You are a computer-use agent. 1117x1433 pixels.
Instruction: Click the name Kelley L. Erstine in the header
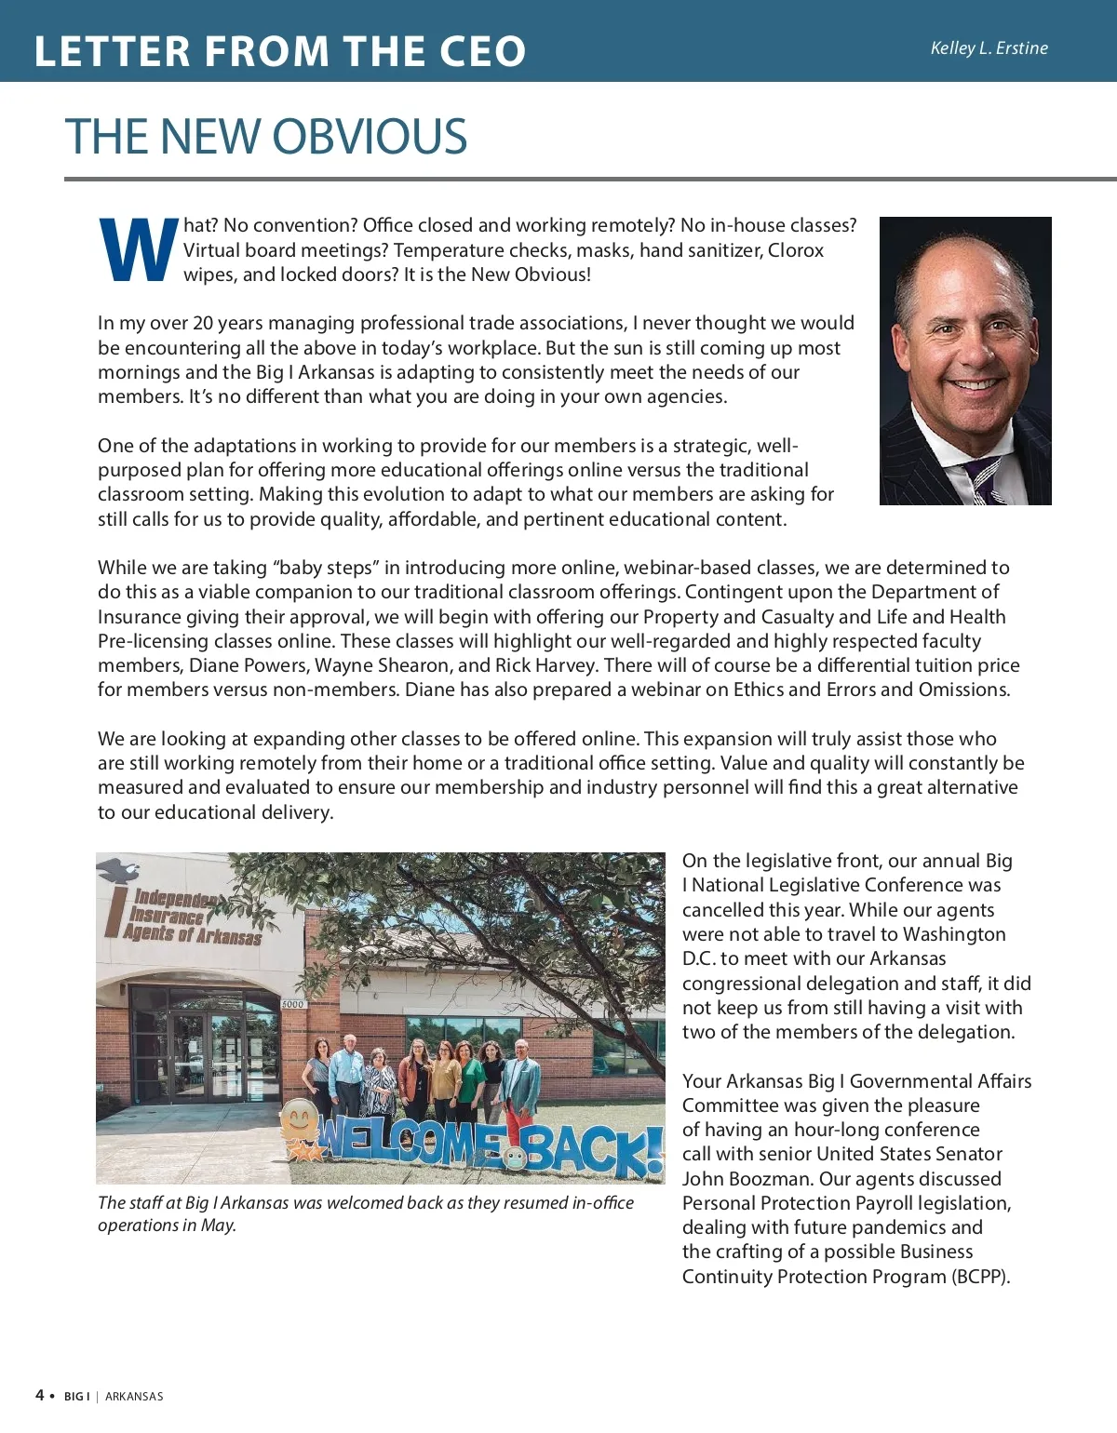click(989, 48)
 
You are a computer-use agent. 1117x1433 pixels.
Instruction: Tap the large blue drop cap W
click(138, 250)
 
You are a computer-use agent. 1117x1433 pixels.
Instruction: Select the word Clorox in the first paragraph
click(795, 250)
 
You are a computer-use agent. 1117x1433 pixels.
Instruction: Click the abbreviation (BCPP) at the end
click(980, 1277)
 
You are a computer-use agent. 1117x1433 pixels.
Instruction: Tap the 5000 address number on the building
click(293, 1004)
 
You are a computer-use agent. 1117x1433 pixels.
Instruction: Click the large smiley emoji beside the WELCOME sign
click(300, 1119)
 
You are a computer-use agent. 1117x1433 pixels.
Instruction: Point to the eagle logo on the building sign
click(118, 871)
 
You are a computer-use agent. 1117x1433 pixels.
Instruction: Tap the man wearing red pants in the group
click(523, 1079)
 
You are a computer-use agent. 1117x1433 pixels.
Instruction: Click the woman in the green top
click(467, 1079)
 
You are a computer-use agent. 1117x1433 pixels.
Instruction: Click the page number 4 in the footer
click(40, 1395)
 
